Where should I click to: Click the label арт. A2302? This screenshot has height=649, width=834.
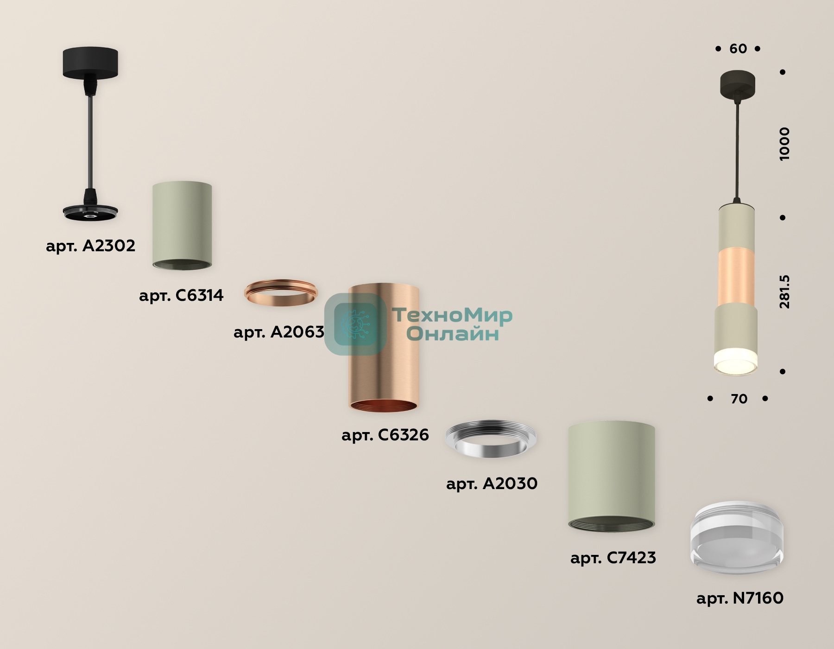(x=91, y=246)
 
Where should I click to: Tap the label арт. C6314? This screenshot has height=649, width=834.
(x=181, y=295)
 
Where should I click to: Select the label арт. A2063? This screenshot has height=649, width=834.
(x=279, y=332)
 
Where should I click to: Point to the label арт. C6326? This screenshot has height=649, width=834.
(x=385, y=435)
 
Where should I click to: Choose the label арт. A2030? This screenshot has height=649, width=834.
(x=492, y=484)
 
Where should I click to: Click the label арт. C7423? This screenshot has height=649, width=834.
(x=613, y=558)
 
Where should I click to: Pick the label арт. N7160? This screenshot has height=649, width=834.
(x=740, y=598)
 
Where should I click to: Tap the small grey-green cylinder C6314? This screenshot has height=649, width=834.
(x=182, y=225)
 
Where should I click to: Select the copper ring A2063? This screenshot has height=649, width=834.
(x=281, y=293)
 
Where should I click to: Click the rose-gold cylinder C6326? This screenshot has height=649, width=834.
(x=384, y=348)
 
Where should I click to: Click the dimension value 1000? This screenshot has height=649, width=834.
(x=784, y=144)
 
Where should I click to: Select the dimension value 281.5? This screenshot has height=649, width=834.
(x=784, y=292)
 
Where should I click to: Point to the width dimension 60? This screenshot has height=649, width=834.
(x=738, y=49)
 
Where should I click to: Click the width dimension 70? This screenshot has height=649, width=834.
(x=739, y=399)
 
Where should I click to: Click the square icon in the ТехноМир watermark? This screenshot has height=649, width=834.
(x=356, y=324)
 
